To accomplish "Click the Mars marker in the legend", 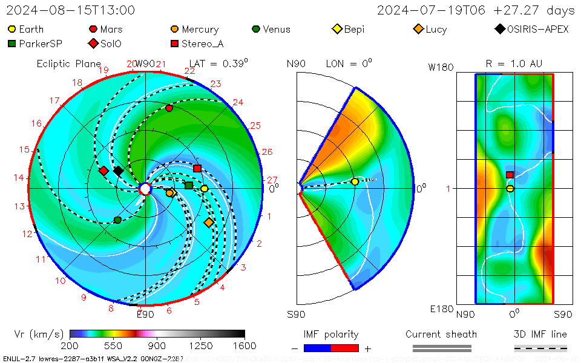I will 93,29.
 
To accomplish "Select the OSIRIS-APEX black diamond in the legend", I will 500,29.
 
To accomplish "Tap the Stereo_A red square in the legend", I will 175,44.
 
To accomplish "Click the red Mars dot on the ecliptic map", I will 169,108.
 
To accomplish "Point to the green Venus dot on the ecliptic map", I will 117,220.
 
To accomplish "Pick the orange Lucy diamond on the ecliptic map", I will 209,223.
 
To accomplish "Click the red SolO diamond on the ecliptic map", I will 103,171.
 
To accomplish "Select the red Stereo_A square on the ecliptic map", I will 197,168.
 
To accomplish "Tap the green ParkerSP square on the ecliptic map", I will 189,185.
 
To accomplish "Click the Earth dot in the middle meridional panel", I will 355,181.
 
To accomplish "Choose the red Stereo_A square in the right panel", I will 510,175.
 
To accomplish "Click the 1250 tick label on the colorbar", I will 201,345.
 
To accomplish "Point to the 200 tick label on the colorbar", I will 70,345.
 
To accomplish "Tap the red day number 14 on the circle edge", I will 19,178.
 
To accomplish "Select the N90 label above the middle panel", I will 296,64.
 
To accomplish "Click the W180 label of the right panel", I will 441,67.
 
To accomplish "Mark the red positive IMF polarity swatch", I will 345,348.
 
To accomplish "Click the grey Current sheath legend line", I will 442,348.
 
